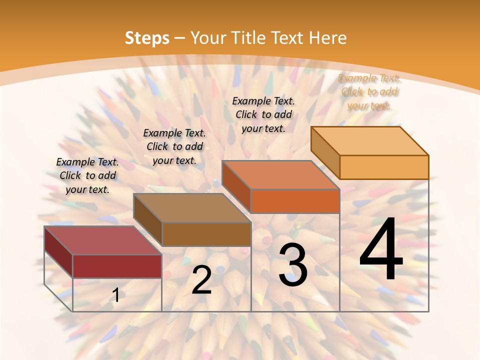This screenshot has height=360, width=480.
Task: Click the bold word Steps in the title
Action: [147, 38]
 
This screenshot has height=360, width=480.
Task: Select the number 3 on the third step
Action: [292, 264]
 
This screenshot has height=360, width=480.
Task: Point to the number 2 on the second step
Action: [201, 280]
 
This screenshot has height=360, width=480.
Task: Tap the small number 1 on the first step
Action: [116, 295]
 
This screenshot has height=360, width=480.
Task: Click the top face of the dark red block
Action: [103, 240]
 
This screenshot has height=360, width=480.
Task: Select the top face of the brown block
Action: [192, 207]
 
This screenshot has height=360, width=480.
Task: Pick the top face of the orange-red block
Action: [281, 175]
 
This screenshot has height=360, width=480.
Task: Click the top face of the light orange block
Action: [370, 140]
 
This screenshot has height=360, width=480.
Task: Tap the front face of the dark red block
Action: [117, 266]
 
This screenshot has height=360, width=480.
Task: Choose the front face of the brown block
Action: [206, 234]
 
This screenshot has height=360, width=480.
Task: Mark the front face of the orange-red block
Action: [295, 201]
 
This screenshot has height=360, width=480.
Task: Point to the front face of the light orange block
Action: [384, 167]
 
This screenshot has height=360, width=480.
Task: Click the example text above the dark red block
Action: [87, 175]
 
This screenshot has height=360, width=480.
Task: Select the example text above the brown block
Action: [174, 146]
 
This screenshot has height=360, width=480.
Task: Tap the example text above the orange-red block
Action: [263, 114]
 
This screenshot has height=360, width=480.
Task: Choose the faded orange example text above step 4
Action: [369, 91]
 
